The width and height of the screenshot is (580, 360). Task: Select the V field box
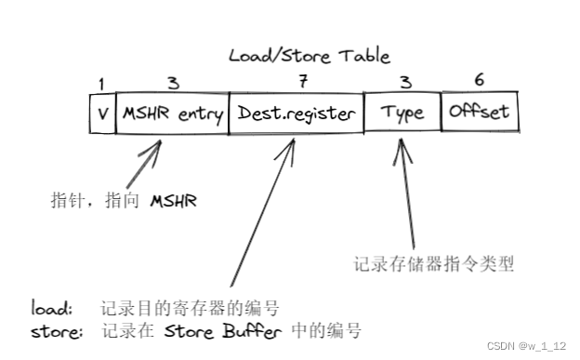102,113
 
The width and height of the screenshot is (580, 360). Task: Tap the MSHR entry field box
171,113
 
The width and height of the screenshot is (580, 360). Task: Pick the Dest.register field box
296,113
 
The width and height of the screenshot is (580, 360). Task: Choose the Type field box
402,113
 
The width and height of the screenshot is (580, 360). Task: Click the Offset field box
480,113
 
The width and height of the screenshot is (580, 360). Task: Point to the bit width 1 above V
101,86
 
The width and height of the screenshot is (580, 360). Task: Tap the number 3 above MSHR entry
172,84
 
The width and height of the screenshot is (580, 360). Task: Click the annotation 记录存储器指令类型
434,263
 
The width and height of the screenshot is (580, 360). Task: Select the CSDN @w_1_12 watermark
526,345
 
